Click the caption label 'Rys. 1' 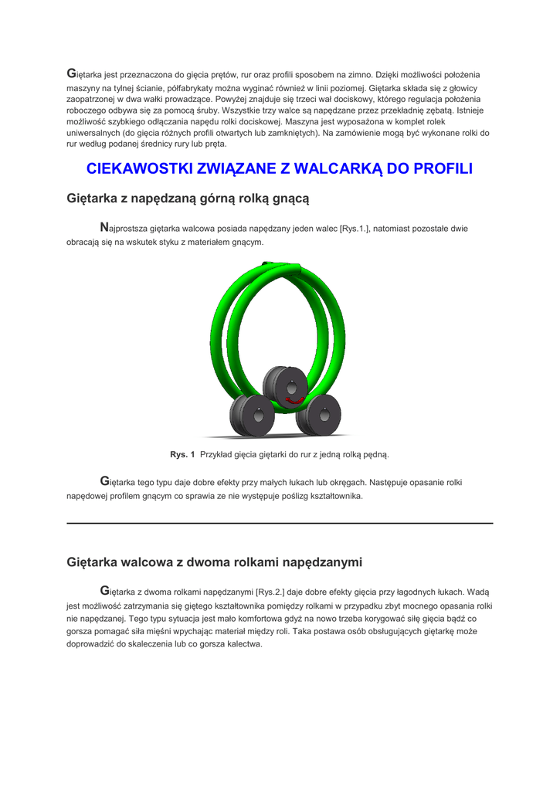182,454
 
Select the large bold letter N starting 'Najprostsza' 104,228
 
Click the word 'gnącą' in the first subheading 289,199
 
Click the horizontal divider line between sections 280,524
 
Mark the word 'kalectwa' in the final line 243,645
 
